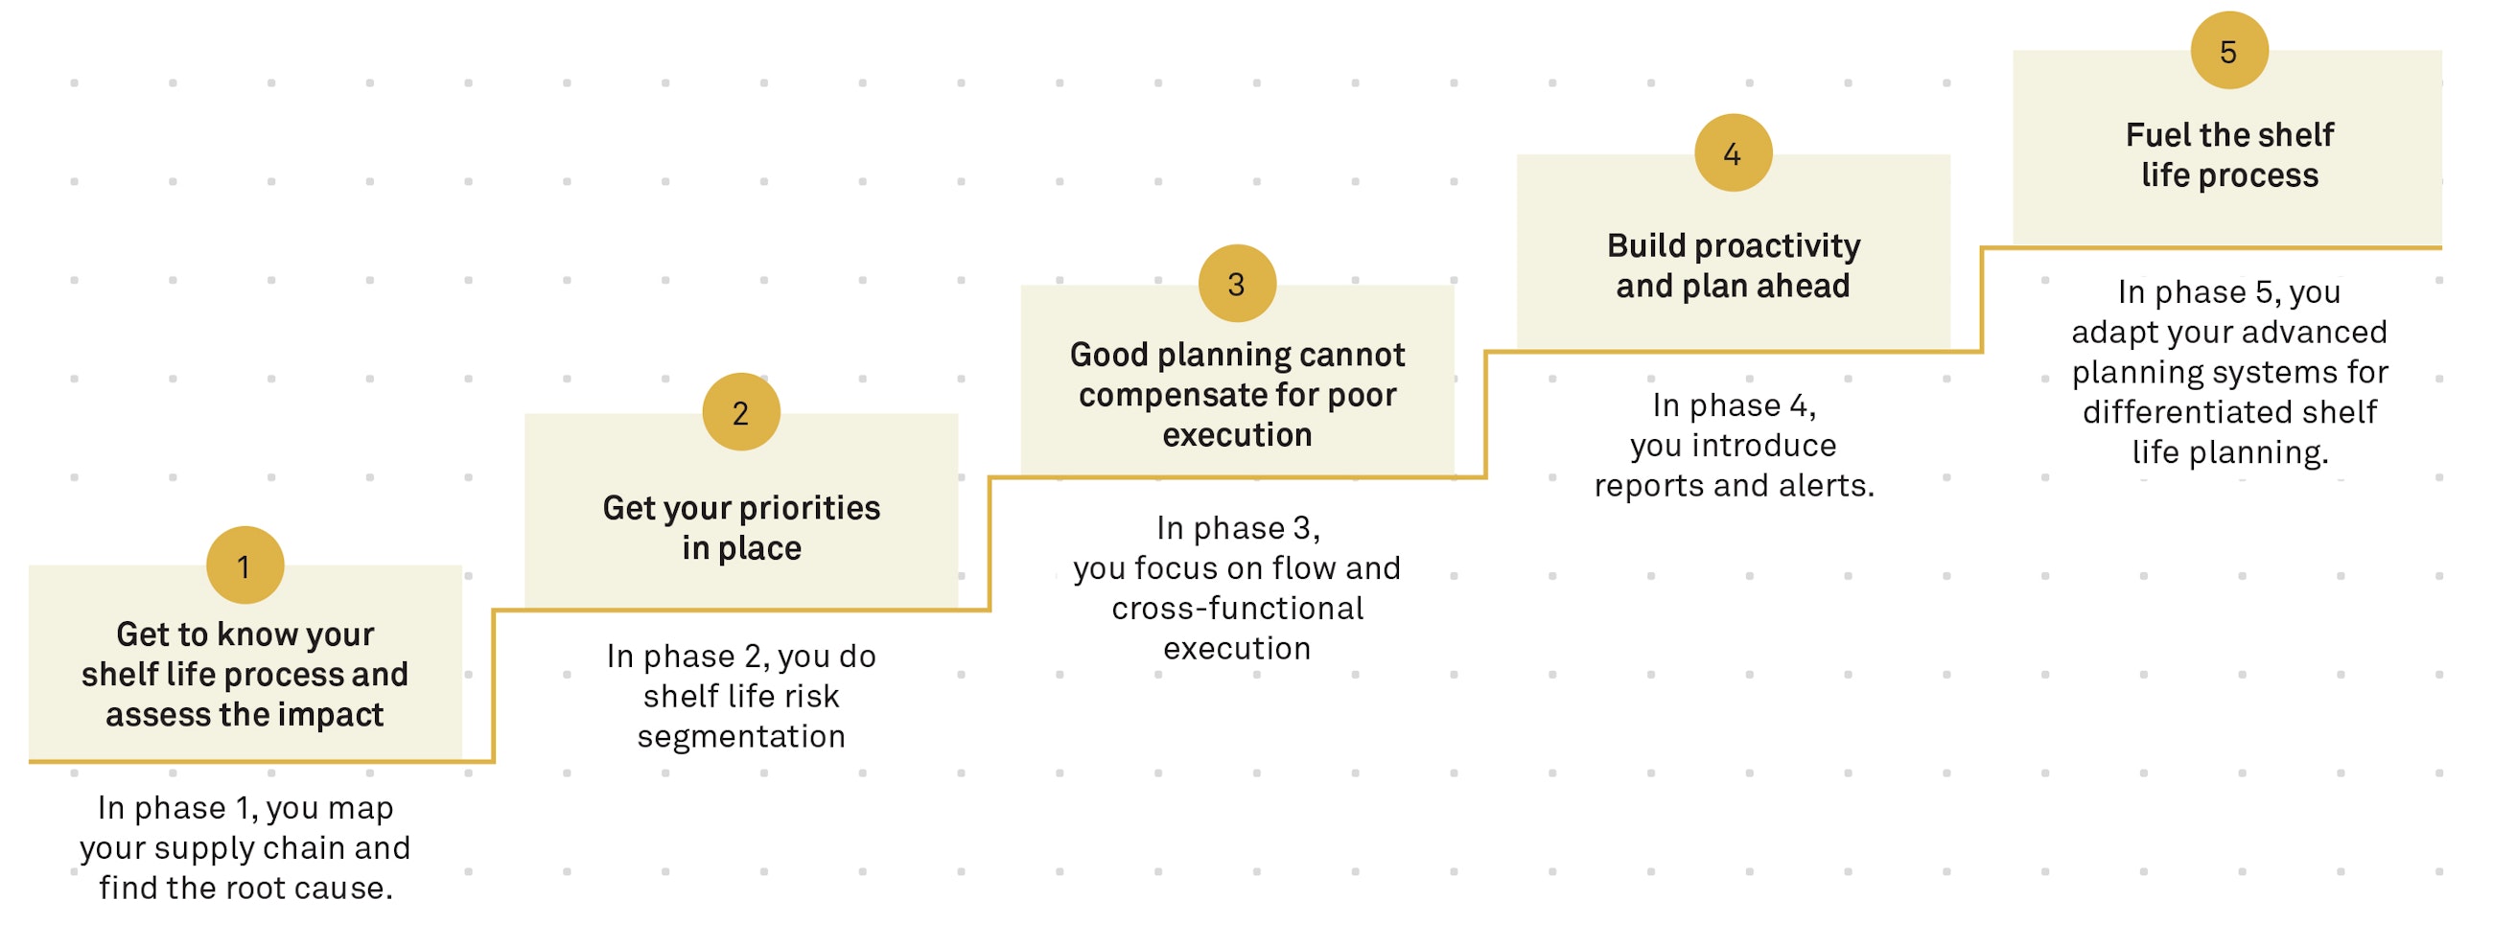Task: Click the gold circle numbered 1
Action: pyautogui.click(x=245, y=565)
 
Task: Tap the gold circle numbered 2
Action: pyautogui.click(x=741, y=412)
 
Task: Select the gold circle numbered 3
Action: pyautogui.click(x=1237, y=284)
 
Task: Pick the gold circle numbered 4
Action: pyautogui.click(x=1734, y=152)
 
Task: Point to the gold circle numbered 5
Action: pyautogui.click(x=2228, y=50)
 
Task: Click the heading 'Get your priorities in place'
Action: pyautogui.click(x=741, y=527)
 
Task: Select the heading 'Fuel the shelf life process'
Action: pyautogui.click(x=2228, y=154)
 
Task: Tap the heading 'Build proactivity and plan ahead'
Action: pyautogui.click(x=1734, y=265)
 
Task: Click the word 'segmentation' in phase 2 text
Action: pyautogui.click(x=741, y=737)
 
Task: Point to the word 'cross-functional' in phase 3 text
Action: pyautogui.click(x=1237, y=609)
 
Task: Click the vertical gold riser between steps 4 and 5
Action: pyautogui.click(x=1982, y=300)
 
